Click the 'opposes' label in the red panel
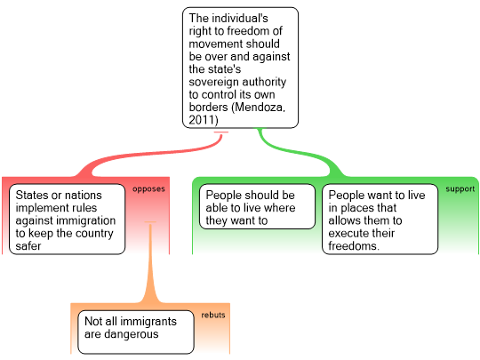148,189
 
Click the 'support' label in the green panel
460,189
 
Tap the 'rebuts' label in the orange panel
213,315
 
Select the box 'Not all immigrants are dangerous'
136,332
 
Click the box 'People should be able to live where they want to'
257,206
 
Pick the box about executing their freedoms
380,220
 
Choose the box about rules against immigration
67,220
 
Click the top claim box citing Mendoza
240,68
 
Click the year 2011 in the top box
203,120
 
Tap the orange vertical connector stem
150,263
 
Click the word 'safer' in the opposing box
28,246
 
